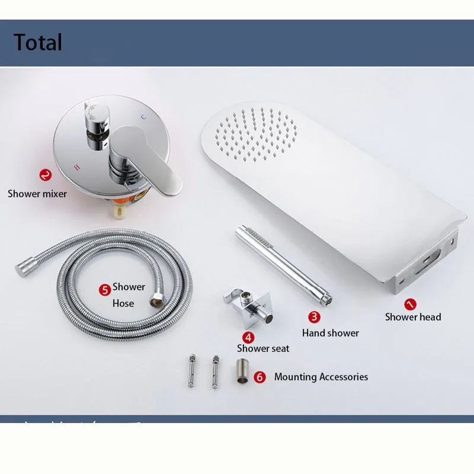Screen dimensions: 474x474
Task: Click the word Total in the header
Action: [x=38, y=43]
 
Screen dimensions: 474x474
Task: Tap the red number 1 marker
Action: [x=411, y=304]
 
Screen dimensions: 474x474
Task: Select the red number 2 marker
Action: [x=45, y=175]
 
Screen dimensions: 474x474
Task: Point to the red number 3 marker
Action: [x=314, y=317]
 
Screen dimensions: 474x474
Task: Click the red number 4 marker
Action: [x=248, y=337]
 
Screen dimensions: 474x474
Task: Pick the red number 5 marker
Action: [x=105, y=290]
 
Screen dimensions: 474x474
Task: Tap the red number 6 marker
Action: [x=260, y=377]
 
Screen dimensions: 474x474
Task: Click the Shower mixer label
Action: [x=37, y=193]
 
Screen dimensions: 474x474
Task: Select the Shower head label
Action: [x=413, y=317]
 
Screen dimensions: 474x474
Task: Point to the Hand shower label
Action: [x=330, y=333]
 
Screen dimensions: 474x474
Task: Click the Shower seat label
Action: [x=263, y=348]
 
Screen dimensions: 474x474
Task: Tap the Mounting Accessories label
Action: [x=321, y=377]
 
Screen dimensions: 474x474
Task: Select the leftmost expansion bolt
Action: [x=191, y=371]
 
